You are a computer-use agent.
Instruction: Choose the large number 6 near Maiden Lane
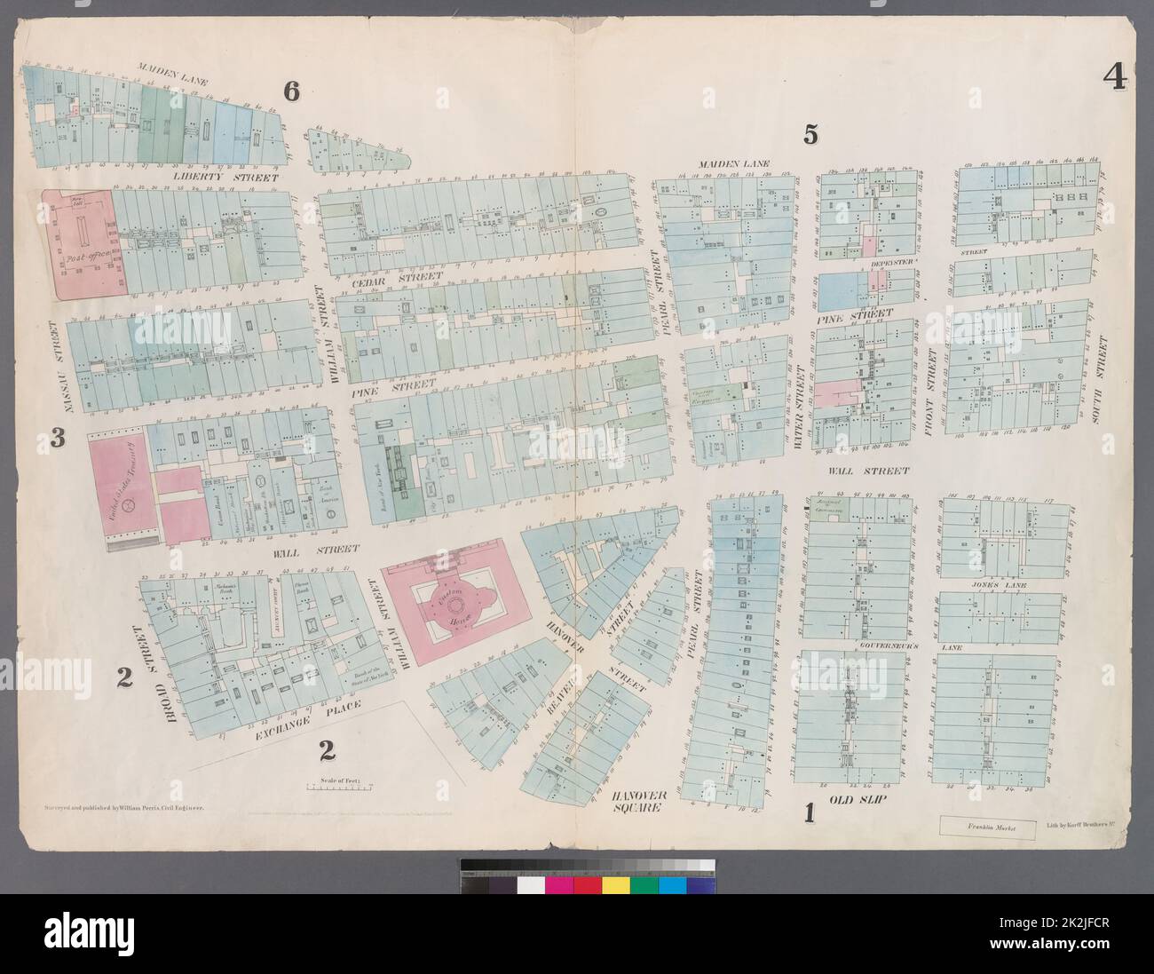point(289,91)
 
